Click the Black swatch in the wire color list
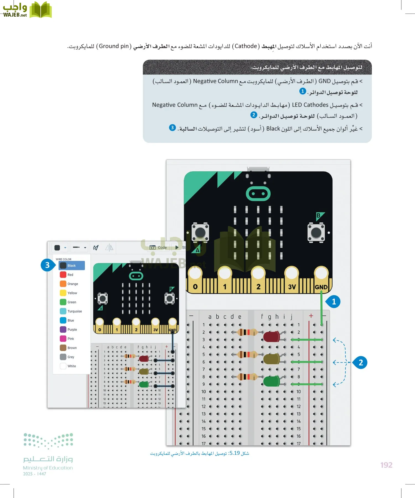63,266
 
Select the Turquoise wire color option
63,311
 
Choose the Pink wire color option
63,339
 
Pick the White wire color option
63,366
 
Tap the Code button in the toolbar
159,247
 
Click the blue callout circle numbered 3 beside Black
47,265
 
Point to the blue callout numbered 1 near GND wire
334,302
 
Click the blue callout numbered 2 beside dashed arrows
360,362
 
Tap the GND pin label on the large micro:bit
321,287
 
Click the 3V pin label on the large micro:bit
292,287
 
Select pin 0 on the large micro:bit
195,286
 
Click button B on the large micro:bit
316,233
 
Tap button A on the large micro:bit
200,232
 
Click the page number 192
386,465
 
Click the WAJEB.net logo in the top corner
27,10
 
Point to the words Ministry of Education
48,468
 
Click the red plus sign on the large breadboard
311,316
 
